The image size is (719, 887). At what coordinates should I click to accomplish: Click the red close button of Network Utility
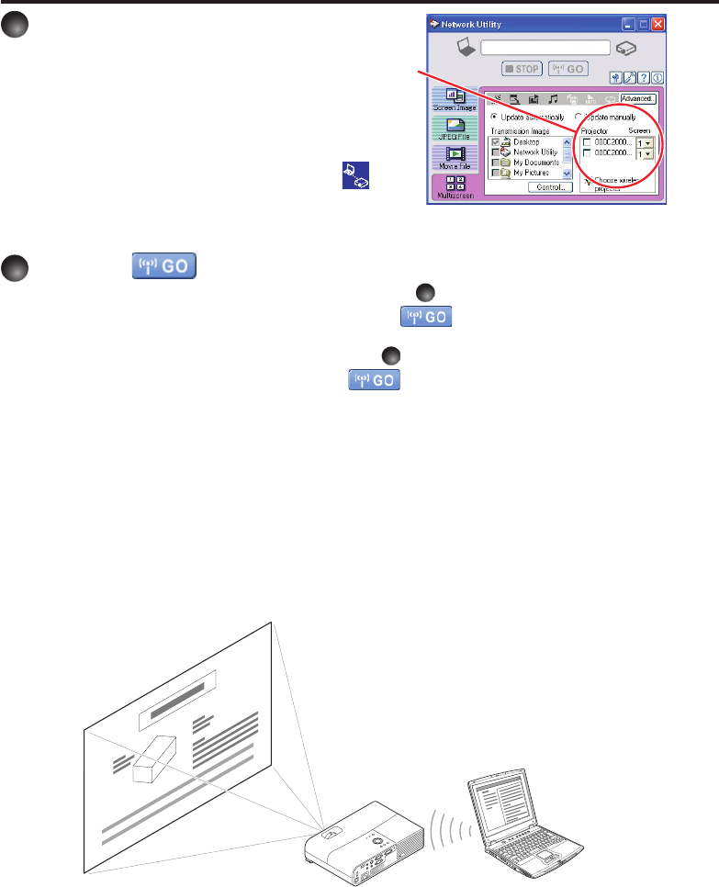[x=657, y=24]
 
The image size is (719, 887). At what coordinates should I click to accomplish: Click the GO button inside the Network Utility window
[x=568, y=69]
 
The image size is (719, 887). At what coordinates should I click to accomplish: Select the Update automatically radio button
[x=494, y=117]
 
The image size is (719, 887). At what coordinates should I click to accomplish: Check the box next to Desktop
[x=496, y=142]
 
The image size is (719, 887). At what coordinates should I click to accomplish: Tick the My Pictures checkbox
[x=496, y=173]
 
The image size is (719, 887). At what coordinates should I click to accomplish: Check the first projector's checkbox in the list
[x=588, y=142]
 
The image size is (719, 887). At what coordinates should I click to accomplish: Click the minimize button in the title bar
[x=628, y=24]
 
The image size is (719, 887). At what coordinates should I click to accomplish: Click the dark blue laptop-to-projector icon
[x=357, y=175]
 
